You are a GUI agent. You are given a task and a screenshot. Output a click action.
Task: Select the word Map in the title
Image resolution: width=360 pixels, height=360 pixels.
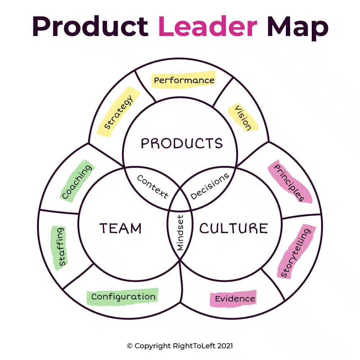click(297, 27)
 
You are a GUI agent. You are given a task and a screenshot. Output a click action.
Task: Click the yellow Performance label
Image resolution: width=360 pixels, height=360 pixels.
click(184, 80)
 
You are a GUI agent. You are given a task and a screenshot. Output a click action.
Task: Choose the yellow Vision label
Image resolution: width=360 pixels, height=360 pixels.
click(243, 118)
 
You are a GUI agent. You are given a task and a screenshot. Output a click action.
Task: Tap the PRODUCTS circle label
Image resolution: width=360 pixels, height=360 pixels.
click(181, 143)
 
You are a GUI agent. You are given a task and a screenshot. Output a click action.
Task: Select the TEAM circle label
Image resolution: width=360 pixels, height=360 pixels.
click(120, 228)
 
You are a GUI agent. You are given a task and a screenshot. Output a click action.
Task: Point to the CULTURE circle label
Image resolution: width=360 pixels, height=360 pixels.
click(234, 228)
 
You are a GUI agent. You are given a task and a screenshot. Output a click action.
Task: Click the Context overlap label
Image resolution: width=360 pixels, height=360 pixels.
click(153, 186)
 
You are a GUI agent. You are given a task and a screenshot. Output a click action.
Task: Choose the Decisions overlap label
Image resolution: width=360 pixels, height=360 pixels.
click(210, 186)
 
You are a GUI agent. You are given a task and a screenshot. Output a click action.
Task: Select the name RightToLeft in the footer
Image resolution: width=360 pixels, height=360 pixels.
click(190, 346)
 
